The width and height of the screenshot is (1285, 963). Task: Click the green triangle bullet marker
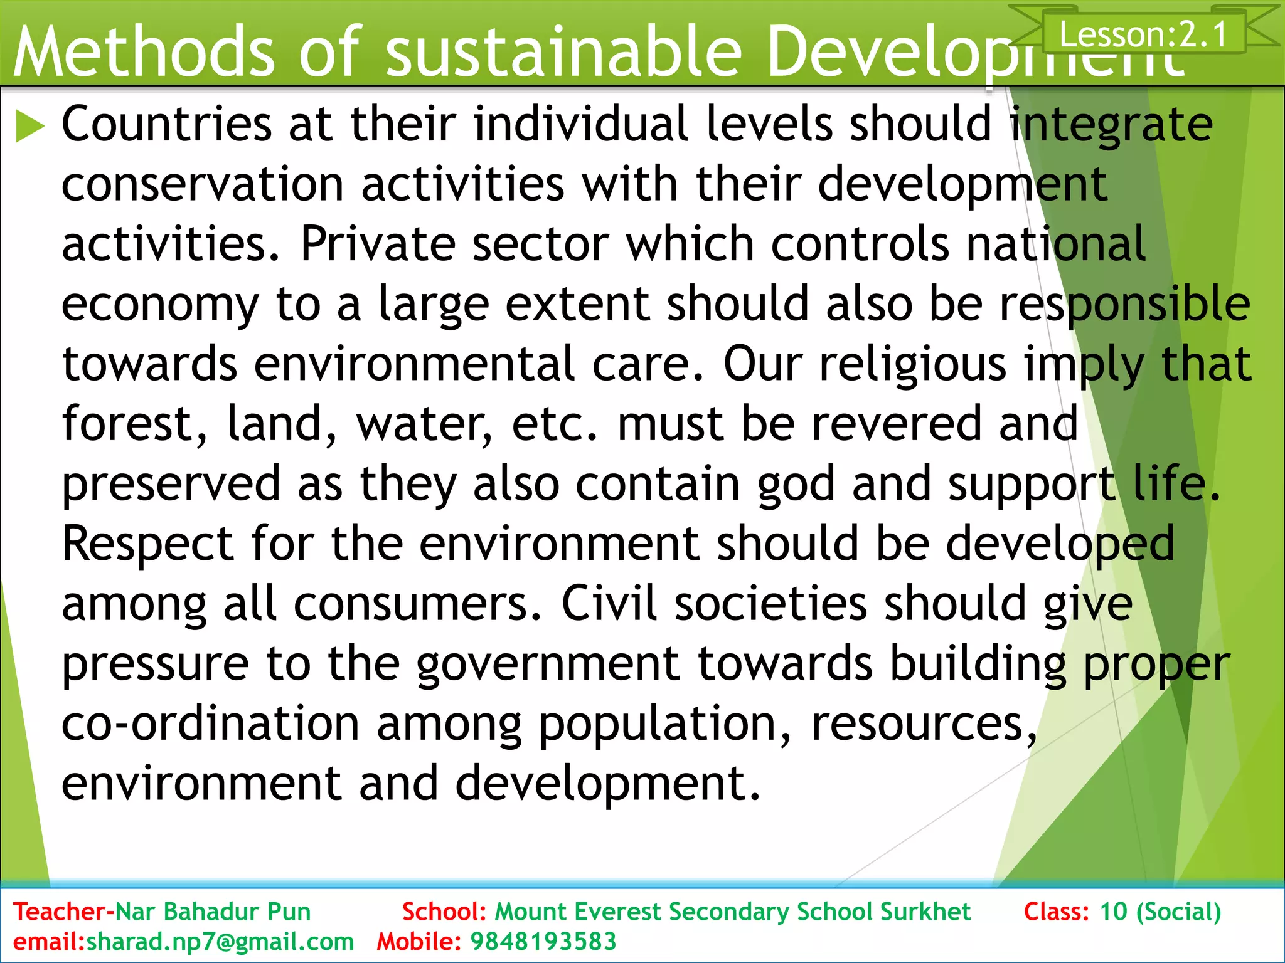[29, 125]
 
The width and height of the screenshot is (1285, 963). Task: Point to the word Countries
[167, 124]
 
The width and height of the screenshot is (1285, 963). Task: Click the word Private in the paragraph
[378, 244]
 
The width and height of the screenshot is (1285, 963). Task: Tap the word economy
[160, 305]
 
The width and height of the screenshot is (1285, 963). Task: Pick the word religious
[913, 364]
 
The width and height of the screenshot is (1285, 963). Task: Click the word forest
[134, 424]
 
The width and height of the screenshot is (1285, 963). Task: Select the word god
[796, 485]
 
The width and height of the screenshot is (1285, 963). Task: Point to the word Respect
[148, 544]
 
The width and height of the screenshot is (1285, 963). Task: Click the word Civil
[609, 603]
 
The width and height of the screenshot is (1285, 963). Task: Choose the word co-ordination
[210, 724]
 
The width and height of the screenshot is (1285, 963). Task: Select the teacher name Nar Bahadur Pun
[213, 912]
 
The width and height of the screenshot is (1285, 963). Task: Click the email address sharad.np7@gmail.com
[220, 942]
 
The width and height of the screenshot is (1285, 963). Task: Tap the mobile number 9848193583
[543, 942]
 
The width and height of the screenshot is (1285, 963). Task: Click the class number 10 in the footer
[1114, 912]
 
